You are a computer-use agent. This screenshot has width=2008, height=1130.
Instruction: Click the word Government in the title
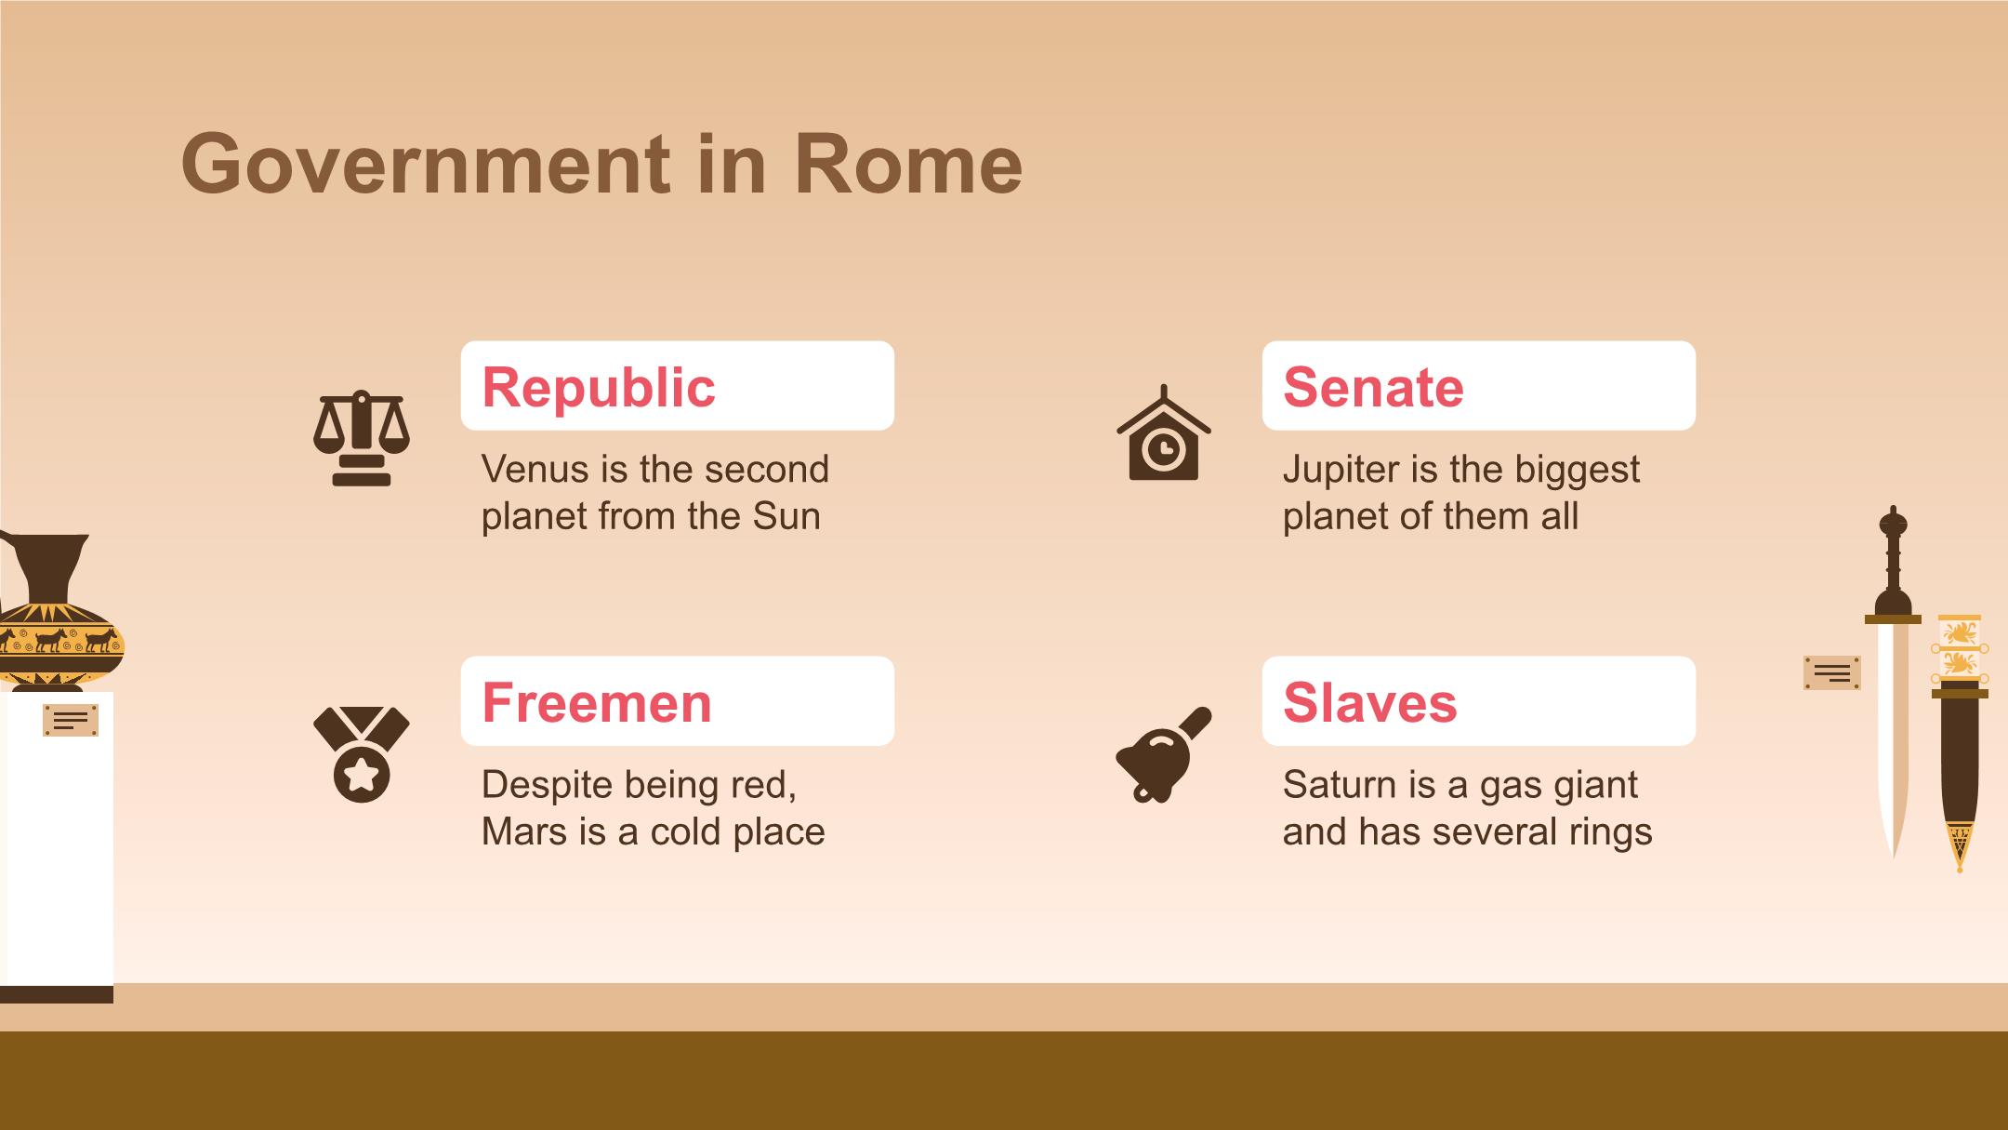point(425,164)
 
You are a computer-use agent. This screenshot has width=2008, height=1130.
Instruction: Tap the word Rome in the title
point(908,164)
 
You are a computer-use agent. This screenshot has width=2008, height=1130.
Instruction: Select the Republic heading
point(599,387)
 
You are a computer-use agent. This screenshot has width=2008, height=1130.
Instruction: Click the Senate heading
point(1373,387)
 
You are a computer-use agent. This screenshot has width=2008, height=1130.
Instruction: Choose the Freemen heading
point(597,702)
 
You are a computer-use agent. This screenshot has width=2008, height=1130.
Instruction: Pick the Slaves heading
point(1370,702)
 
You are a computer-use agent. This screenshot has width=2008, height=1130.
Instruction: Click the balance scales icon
point(362,438)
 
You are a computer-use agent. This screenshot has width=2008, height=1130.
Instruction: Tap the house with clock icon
point(1164,433)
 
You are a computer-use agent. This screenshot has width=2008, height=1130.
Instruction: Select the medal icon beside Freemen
point(362,754)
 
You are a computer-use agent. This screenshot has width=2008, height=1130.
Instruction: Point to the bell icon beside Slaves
point(1164,754)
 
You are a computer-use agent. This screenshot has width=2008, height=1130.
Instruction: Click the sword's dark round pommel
point(1893,523)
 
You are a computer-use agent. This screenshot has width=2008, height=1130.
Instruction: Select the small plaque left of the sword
point(1832,672)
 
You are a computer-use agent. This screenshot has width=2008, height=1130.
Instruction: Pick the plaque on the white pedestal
point(71,721)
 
